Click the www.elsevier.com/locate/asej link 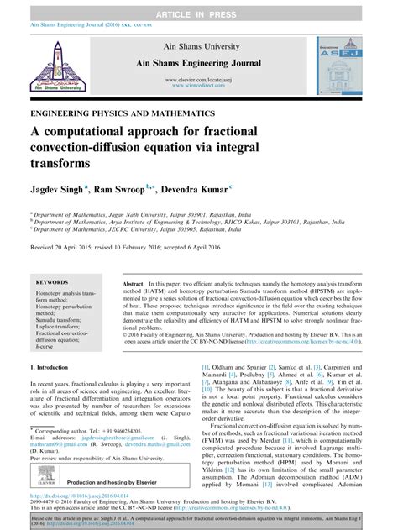click(x=199, y=77)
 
